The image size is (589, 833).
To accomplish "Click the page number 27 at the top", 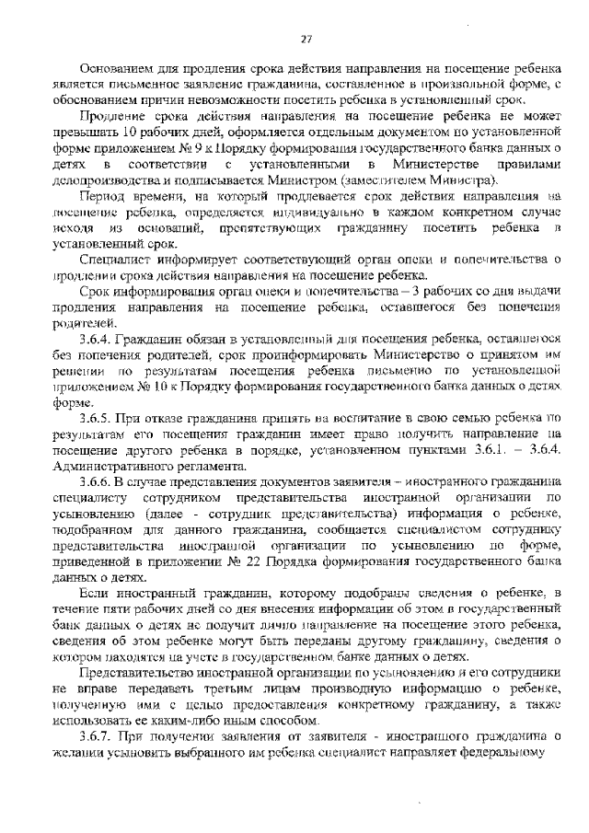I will click(307, 38).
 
